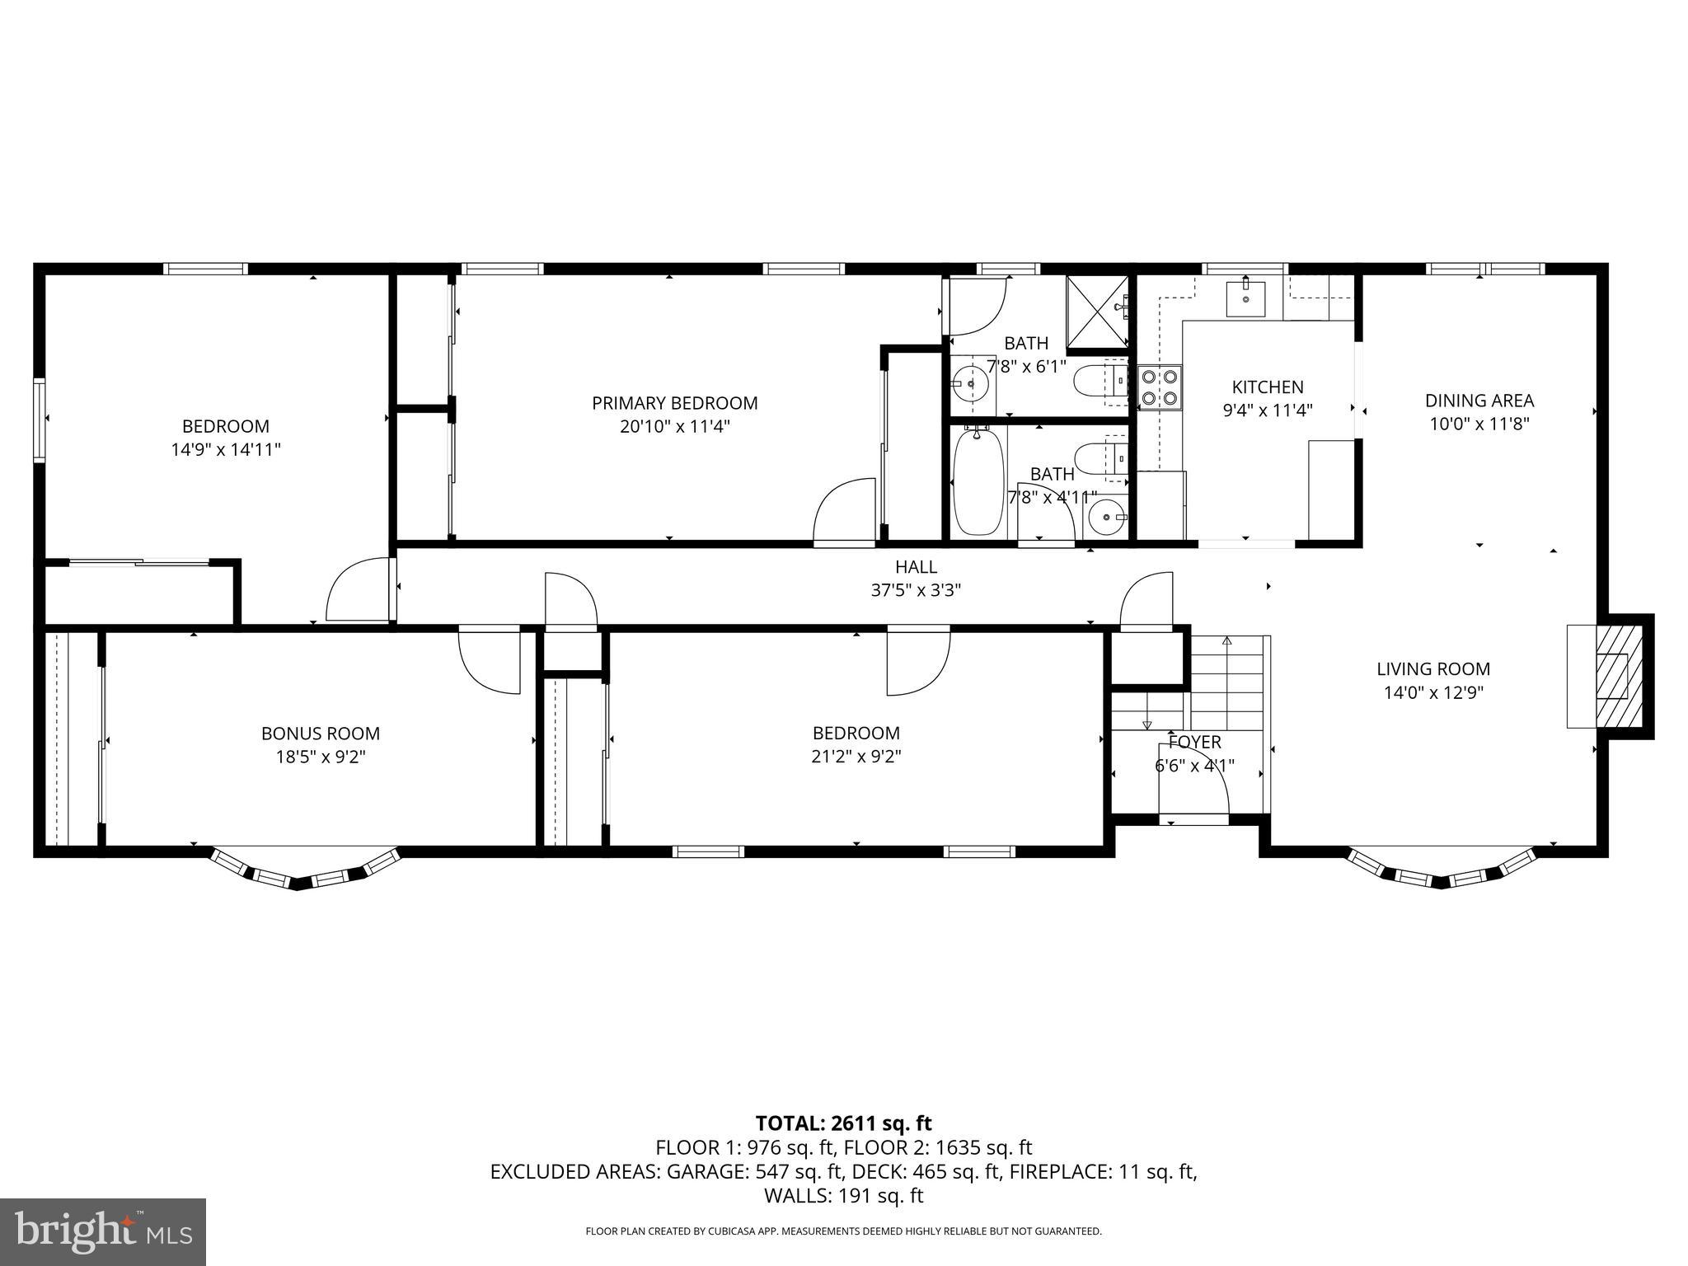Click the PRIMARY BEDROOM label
(674, 403)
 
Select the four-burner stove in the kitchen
(1159, 387)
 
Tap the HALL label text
(916, 567)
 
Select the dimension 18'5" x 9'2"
(321, 757)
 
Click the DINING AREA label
(1479, 401)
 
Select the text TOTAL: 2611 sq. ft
(843, 1123)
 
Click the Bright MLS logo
(103, 1232)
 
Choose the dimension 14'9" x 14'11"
(226, 450)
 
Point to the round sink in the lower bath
(1104, 518)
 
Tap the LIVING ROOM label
(1433, 669)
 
